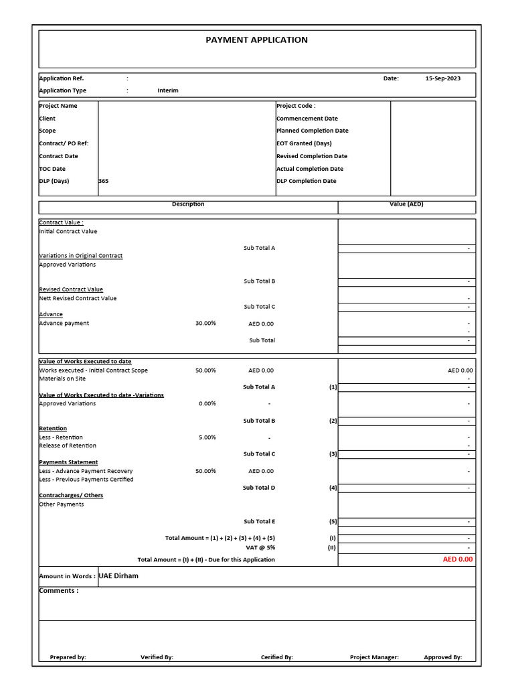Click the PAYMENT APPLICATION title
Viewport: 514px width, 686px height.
point(256,40)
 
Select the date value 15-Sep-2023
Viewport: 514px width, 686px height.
point(442,78)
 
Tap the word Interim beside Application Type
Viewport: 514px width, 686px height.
point(168,90)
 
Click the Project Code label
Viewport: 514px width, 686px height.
point(295,106)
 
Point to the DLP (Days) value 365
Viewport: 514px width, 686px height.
point(103,181)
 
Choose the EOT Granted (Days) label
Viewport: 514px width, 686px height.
point(303,143)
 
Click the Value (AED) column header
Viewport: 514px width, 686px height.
point(406,204)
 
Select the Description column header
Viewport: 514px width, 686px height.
point(188,204)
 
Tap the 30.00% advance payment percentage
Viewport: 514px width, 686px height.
point(205,324)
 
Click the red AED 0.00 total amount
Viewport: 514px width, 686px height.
point(457,559)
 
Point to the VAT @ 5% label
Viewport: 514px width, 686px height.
point(260,547)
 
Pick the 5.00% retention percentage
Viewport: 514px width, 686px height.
point(207,437)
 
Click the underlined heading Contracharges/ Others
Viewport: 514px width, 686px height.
point(71,495)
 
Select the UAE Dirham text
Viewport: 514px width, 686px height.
point(118,576)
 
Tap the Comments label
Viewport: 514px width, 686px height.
point(59,591)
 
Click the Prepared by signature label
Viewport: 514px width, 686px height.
point(68,657)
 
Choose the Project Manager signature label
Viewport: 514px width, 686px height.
point(374,657)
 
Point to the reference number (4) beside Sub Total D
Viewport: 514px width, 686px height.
point(333,488)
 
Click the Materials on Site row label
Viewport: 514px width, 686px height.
point(62,379)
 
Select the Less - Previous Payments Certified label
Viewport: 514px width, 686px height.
point(86,479)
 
